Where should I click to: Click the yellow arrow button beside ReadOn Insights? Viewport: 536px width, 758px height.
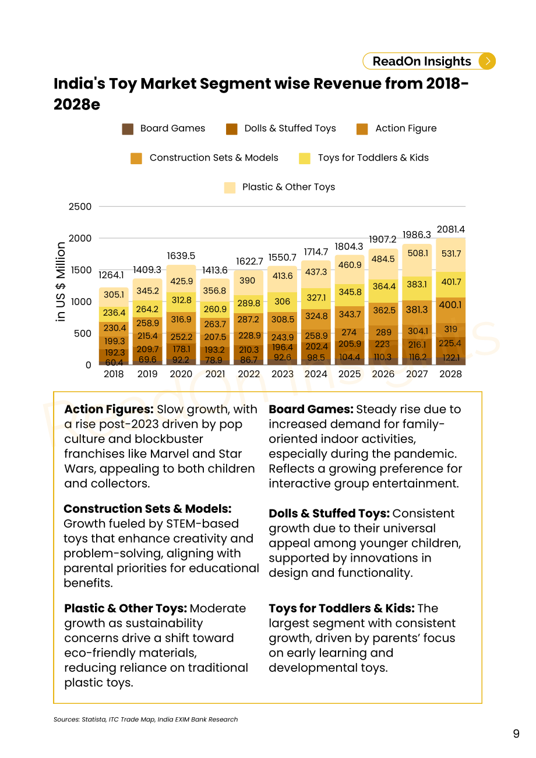tap(487, 61)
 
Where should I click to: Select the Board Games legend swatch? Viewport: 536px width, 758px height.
tap(128, 129)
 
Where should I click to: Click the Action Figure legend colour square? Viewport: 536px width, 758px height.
tap(362, 129)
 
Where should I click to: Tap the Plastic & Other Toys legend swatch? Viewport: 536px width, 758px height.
tap(230, 187)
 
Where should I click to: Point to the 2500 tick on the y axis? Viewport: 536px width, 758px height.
tap(80, 207)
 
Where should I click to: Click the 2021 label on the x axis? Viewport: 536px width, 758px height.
tap(215, 374)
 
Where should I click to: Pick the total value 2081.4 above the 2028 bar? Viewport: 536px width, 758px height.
tap(450, 229)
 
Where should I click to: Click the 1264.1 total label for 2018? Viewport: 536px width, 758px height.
tap(111, 275)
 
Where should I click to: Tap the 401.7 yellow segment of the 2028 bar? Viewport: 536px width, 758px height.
tap(451, 282)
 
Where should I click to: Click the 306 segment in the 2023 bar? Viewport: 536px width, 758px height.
tap(282, 302)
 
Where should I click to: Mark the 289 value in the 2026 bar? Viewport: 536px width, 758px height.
tap(383, 332)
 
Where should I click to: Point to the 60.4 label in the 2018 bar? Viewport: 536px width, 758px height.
tap(114, 363)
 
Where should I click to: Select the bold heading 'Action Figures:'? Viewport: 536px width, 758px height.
tap(109, 409)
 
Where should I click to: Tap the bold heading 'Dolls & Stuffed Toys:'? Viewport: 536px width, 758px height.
tap(329, 513)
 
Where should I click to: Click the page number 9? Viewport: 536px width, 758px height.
tap(516, 734)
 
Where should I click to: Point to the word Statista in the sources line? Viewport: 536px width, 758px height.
tap(94, 720)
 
